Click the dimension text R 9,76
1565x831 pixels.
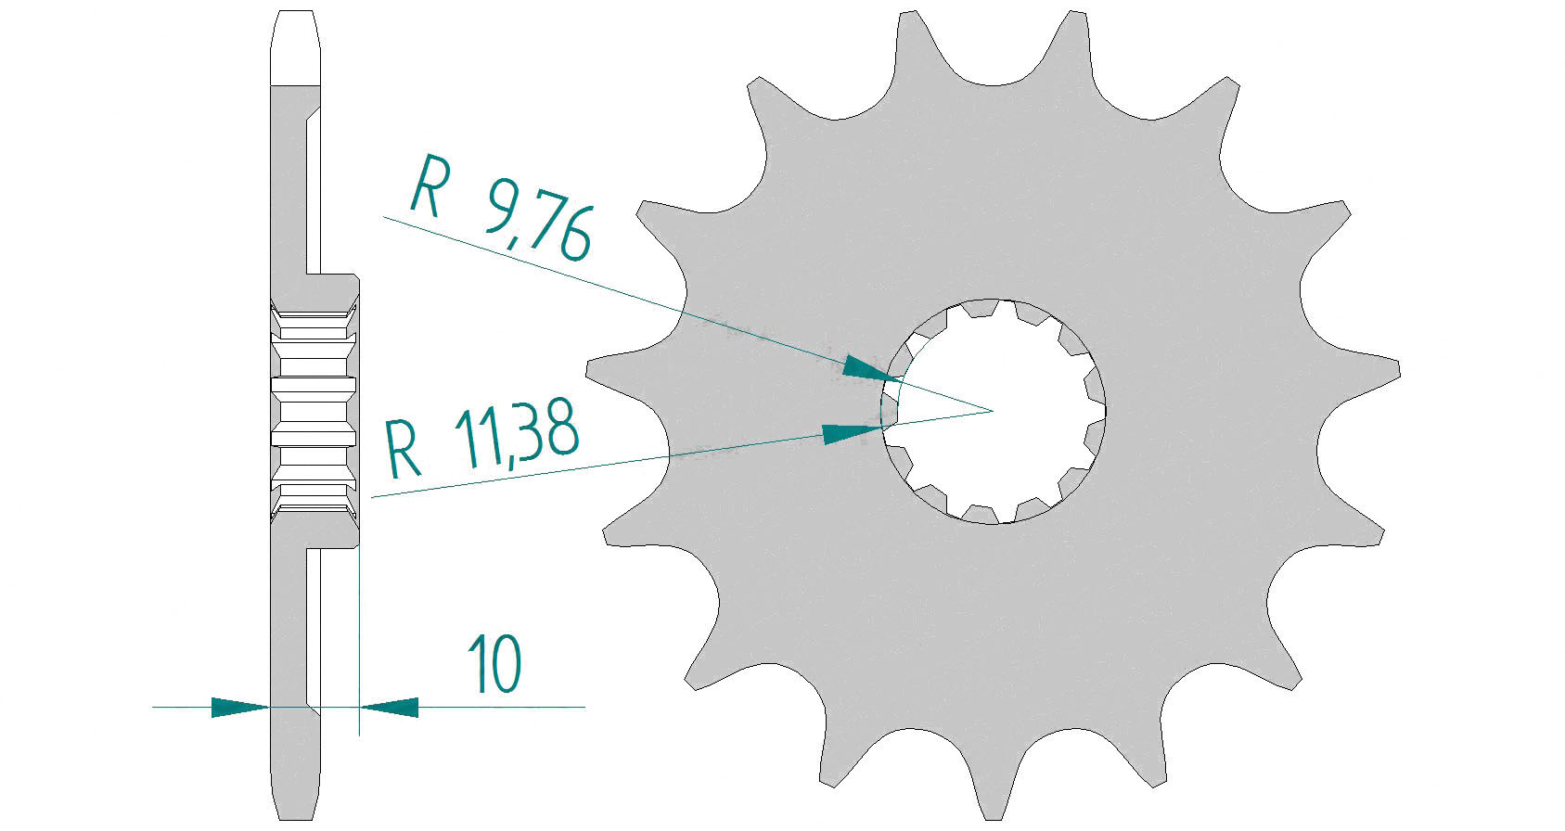[x=501, y=210]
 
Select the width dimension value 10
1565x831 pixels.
[x=494, y=664]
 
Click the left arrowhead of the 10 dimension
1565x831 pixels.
[x=239, y=708]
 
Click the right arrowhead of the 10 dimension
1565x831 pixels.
[x=390, y=708]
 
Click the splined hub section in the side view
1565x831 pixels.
[x=314, y=408]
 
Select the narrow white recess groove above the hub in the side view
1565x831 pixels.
[x=314, y=185]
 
